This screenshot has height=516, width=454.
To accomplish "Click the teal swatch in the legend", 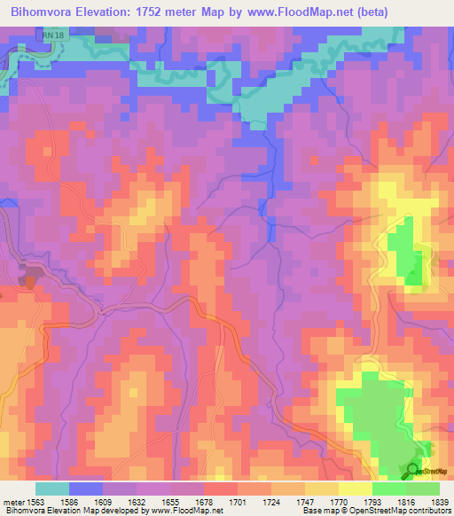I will click(x=52, y=489).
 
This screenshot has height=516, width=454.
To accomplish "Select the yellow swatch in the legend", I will click(x=355, y=489).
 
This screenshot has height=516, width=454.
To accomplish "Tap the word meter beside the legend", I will click(x=12, y=501).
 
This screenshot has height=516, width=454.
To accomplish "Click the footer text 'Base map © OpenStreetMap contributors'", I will click(x=376, y=511).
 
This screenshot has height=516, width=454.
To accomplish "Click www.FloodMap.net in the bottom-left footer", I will click(x=186, y=511).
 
